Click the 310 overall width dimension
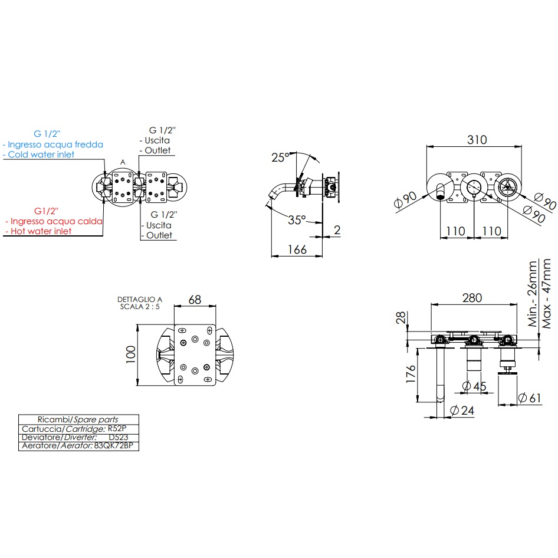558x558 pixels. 477,140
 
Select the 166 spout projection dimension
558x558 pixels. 296,250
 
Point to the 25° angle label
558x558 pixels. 280,157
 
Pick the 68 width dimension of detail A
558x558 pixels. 194,300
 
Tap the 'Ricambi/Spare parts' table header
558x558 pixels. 78,419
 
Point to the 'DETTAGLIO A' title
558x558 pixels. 139,300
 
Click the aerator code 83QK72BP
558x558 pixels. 116,447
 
